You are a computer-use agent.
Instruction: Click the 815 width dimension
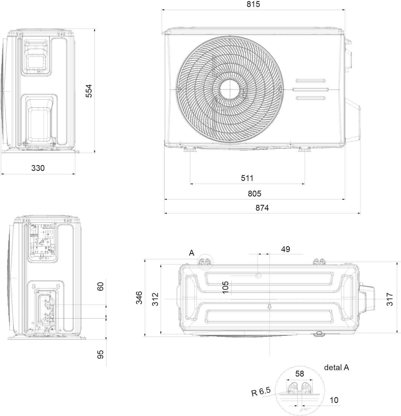tap(253, 4)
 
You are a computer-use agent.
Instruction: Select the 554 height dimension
tap(89, 91)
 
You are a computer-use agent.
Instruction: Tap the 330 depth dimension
tap(38, 168)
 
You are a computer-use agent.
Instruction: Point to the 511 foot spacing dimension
tap(247, 178)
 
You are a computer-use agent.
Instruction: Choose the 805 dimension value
tap(255, 193)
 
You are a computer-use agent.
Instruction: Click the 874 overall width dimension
tap(262, 208)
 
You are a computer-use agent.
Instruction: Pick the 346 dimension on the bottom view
tap(139, 298)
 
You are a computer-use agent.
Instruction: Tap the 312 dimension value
tap(156, 299)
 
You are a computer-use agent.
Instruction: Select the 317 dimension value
tap(390, 299)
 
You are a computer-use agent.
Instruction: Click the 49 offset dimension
tap(285, 249)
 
